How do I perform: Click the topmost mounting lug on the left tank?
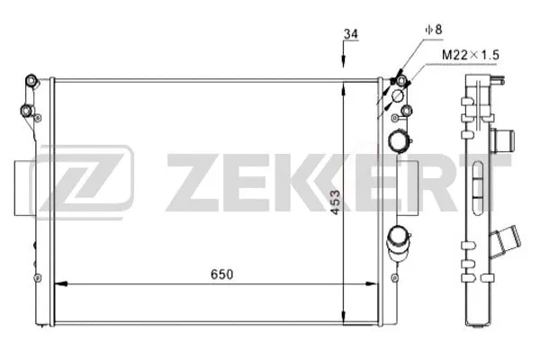pos(32,84)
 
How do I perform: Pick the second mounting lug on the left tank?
pos(27,112)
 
